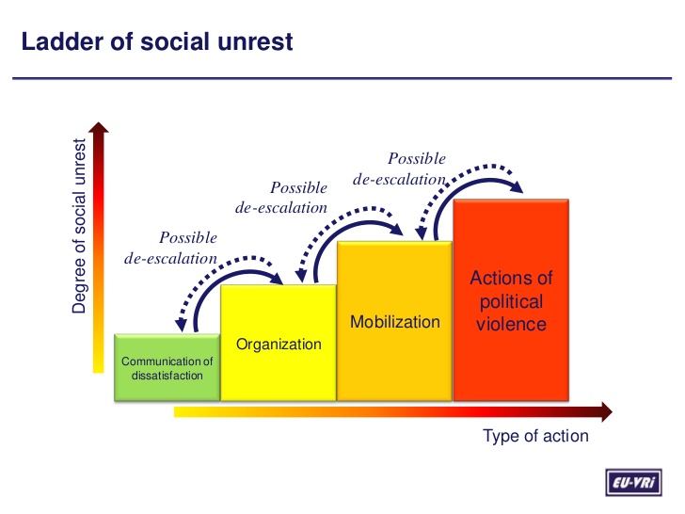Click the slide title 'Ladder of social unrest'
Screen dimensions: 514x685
tap(157, 42)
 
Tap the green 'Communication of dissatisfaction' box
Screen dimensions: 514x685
tap(167, 367)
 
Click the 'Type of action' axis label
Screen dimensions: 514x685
tap(535, 436)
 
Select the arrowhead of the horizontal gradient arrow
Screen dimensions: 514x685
tap(604, 411)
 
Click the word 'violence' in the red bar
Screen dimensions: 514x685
tap(511, 325)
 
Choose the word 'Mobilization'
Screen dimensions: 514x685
tap(394, 322)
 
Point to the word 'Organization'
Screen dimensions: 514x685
tap(279, 345)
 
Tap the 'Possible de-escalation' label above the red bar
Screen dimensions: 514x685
tap(400, 169)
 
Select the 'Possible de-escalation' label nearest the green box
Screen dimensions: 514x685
tap(170, 248)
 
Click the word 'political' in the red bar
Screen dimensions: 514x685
tap(511, 302)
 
